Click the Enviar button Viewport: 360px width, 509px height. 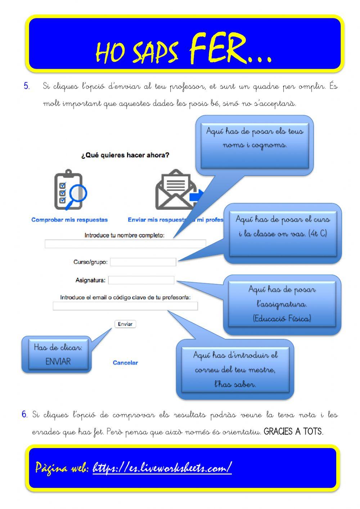click(125, 324)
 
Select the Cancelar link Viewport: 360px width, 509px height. click(125, 363)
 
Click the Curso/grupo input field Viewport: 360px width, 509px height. click(143, 262)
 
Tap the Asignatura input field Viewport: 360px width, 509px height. click(141, 280)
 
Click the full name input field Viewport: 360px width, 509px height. click(125, 244)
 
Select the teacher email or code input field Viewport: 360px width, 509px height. click(125, 306)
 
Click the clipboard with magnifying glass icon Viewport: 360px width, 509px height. click(70, 190)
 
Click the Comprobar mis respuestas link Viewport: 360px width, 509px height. click(69, 220)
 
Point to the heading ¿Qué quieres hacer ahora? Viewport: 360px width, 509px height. click(125, 155)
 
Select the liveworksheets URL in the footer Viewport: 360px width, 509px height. click(162, 468)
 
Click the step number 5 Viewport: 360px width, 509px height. click(27, 86)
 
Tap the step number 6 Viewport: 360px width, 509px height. click(24, 414)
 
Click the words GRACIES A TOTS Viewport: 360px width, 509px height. click(293, 432)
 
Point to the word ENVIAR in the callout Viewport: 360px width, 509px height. click(58, 361)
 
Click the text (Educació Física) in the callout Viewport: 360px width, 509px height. click(282, 318)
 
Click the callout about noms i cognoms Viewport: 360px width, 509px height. click(255, 138)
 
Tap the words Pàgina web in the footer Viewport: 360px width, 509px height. click(62, 468)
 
